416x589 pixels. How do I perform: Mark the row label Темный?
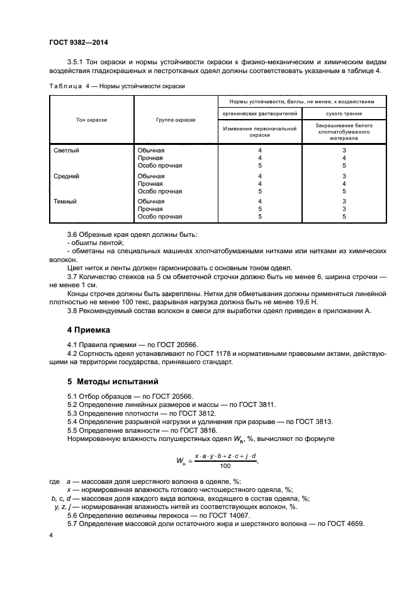(66, 202)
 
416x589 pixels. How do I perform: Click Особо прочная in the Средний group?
(159, 191)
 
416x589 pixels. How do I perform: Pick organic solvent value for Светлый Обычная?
(259, 151)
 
